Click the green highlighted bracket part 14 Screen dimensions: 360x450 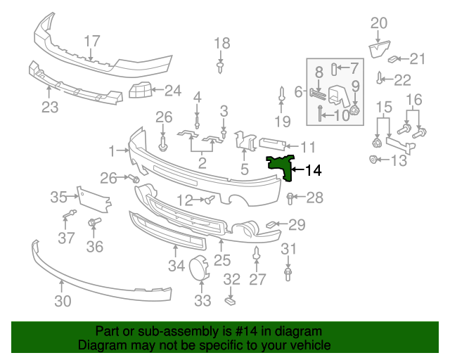click(281, 166)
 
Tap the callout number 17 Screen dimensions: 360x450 click(92, 41)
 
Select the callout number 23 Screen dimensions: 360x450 click(49, 108)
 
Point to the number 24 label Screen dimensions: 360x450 click(172, 90)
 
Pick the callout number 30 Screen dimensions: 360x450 click(63, 302)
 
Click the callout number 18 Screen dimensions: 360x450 click(221, 44)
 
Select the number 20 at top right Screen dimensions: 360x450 click(379, 23)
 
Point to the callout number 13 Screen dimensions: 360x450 click(398, 161)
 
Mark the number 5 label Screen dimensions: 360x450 click(244, 169)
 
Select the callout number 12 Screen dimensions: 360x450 click(185, 200)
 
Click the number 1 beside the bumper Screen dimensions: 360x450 click(112, 150)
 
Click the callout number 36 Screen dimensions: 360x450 click(94, 246)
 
